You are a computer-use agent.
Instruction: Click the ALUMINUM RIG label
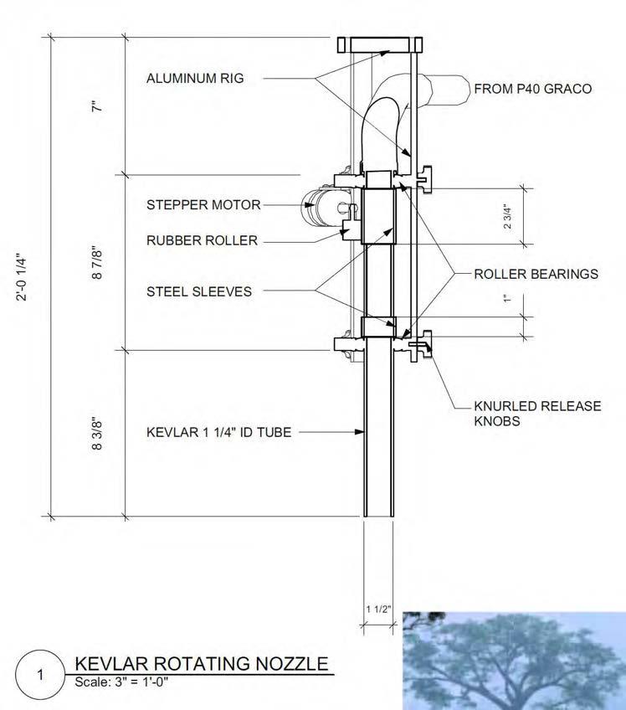click(x=195, y=79)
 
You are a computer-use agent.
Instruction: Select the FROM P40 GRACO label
click(x=532, y=88)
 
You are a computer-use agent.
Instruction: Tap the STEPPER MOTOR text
click(x=203, y=204)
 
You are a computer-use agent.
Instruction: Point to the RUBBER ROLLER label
click(x=202, y=240)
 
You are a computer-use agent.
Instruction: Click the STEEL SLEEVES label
click(x=198, y=292)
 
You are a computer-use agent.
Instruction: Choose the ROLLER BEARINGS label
click(x=536, y=274)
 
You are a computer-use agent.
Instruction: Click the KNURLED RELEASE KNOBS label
click(x=537, y=414)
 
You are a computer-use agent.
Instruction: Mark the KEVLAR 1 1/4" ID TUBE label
click(x=219, y=433)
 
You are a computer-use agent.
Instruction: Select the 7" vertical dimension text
click(x=98, y=106)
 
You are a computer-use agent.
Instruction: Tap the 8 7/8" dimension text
click(x=98, y=262)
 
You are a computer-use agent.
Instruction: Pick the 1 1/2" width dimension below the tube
click(x=377, y=609)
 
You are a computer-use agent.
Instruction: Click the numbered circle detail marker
click(x=39, y=673)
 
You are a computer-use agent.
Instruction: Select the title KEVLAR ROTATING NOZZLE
click(x=201, y=663)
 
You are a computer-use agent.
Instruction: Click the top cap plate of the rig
click(x=381, y=44)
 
